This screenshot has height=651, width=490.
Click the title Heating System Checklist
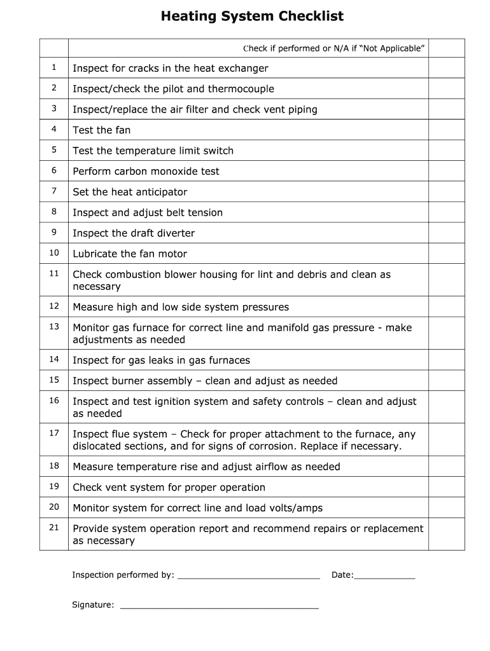252,17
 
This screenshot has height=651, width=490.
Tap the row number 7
54,191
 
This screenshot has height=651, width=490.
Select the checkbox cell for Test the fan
446,130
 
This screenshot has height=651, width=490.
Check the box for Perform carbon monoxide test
446,171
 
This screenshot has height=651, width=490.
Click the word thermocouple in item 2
241,89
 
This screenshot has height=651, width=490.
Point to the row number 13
54,327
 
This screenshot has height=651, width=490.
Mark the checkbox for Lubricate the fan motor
446,254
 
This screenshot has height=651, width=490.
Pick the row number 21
54,528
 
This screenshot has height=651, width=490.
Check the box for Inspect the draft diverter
446,233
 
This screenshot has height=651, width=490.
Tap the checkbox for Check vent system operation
446,487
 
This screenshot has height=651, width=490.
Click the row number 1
54,67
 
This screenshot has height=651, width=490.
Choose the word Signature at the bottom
93,605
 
